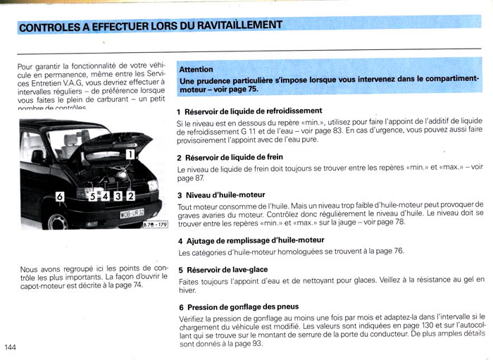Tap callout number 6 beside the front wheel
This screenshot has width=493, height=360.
point(60,196)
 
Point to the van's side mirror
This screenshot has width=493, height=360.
point(37,156)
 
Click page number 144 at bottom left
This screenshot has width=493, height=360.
point(11,347)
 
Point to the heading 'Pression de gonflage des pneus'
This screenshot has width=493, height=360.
point(242,307)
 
